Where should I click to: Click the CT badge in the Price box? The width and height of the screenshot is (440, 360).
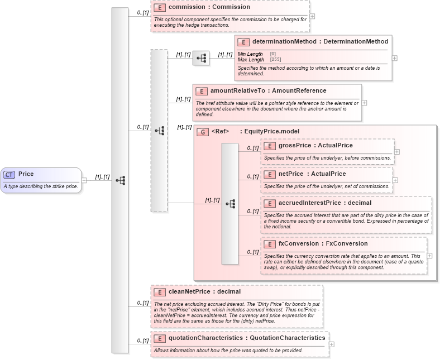click(9, 175)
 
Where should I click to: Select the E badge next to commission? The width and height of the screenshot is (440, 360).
click(160, 8)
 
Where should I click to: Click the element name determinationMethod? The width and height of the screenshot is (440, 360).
click(284, 42)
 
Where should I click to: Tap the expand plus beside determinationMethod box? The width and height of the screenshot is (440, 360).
click(395, 57)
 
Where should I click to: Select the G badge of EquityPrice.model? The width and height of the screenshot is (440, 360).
click(203, 132)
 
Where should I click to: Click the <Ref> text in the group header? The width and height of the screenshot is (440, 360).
click(220, 132)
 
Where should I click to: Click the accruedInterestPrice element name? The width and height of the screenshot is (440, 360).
click(309, 203)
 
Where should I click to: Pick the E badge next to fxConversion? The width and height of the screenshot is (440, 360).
click(270, 244)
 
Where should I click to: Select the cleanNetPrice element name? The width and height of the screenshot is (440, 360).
click(189, 291)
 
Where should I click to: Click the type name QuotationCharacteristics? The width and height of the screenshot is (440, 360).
click(287, 338)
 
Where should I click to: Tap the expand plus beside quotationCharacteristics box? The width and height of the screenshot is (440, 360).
click(332, 344)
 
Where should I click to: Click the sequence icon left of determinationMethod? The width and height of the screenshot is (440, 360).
click(201, 58)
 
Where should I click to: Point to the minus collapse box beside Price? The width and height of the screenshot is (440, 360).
click(84, 180)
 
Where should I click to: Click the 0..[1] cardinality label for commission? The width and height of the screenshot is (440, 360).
click(143, 12)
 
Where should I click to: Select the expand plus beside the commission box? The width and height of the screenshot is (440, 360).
click(312, 16)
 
